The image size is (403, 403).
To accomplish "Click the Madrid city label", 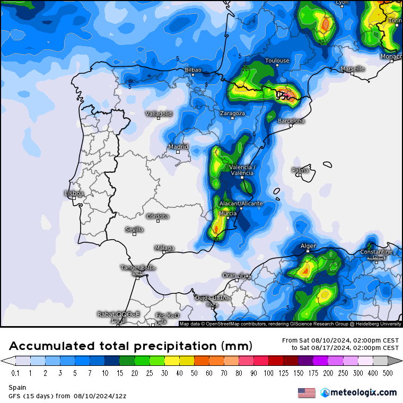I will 178,146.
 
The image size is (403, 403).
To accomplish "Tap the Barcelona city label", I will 292,121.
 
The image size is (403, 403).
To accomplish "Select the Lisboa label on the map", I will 74,194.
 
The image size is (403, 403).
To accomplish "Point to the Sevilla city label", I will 134,230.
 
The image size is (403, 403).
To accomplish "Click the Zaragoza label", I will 233,113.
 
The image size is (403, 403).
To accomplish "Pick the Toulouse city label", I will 277,60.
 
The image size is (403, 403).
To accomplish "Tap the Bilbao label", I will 193,69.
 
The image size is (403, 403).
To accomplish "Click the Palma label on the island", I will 300,170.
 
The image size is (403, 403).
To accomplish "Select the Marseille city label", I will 353,68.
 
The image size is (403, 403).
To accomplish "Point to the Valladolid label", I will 159,113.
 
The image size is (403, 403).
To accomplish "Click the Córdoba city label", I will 158,216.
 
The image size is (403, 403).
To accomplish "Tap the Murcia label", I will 227,213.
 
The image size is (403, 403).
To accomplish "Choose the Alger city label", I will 308,246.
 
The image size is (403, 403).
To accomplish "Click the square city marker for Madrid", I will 178,152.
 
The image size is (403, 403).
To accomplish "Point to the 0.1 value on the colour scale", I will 15,373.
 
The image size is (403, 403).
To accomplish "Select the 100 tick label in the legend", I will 268,373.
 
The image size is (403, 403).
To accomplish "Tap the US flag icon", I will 306,393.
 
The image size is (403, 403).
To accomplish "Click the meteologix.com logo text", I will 363,392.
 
